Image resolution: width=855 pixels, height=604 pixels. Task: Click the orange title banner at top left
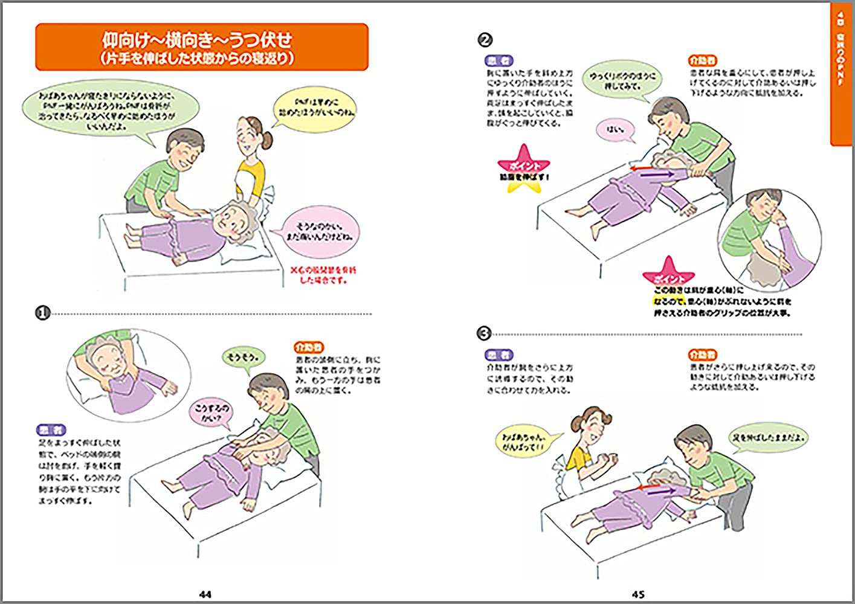coord(202,47)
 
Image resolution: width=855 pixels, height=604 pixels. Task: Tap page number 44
coord(205,594)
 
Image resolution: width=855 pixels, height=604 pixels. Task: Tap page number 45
coord(638,594)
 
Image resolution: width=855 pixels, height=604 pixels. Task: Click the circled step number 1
coord(42,313)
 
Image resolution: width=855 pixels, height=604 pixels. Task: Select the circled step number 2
coord(485,40)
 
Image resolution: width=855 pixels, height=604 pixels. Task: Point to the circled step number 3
coord(484,333)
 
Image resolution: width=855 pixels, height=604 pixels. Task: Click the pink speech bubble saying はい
coord(613,129)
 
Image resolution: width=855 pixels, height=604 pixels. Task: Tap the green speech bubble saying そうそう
coord(243,358)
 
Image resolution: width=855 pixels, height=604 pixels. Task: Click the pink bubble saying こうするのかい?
coord(213,413)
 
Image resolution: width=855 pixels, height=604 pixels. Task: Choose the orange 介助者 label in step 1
coord(309,347)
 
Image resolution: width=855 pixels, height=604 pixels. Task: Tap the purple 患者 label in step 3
coord(499,355)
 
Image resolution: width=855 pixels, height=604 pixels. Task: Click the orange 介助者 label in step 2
coord(703,61)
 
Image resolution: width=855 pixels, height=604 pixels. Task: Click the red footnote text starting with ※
coord(324,275)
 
